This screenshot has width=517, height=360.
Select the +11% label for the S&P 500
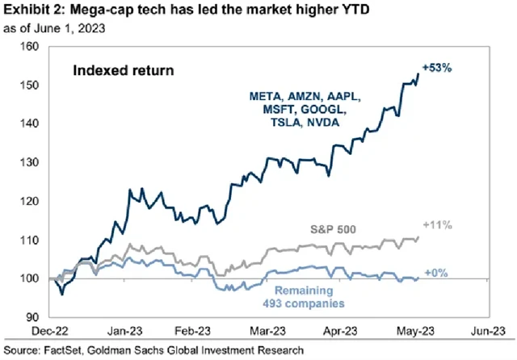tap(475, 225)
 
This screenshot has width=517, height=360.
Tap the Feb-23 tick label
tap(187, 331)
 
